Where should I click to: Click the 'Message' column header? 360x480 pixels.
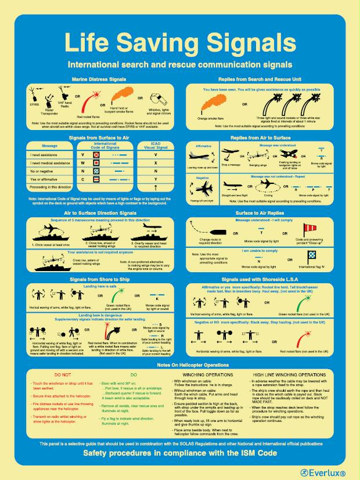(50, 146)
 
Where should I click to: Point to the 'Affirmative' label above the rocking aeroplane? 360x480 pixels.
(203, 146)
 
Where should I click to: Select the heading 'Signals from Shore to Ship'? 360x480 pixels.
(97, 279)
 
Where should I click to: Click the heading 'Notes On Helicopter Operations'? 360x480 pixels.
(179, 364)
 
